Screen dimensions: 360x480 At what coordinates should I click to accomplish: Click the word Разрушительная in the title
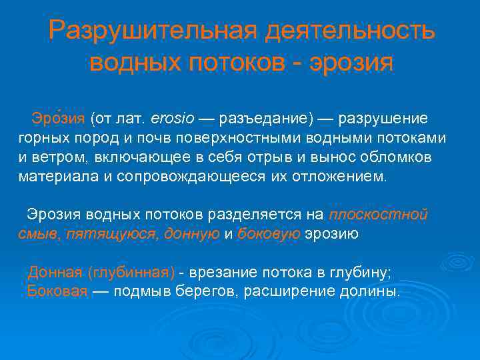(151, 30)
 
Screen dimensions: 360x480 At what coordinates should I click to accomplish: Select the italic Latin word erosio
(173, 119)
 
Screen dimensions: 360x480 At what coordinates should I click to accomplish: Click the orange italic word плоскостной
(379, 215)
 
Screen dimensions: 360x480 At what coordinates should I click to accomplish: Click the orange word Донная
(55, 272)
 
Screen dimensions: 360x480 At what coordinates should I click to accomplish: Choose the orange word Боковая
(58, 291)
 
